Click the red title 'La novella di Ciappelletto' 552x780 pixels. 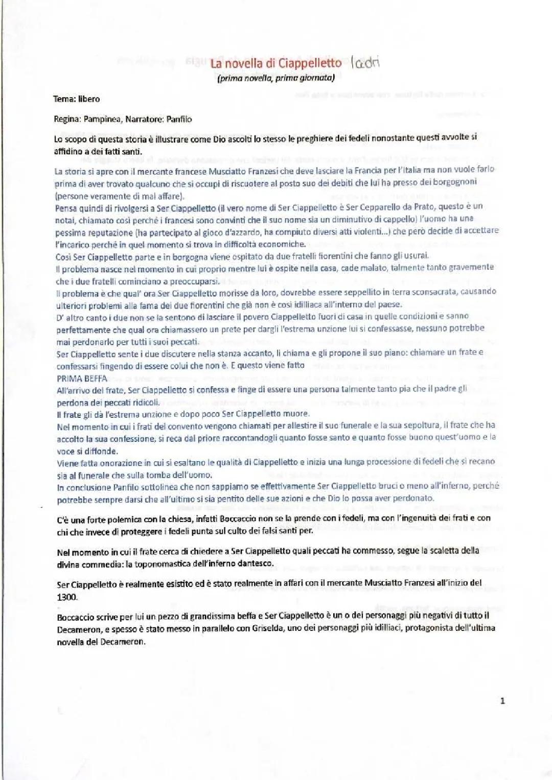tap(276, 63)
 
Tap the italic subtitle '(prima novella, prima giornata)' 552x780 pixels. tap(276, 78)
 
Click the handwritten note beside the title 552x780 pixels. tap(366, 63)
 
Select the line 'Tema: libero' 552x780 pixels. tap(77, 99)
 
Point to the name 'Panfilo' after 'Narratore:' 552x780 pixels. tap(179, 120)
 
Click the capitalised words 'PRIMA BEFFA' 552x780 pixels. tap(82, 379)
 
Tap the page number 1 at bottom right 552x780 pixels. tap(502, 701)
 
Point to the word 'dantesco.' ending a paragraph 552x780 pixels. tap(256, 563)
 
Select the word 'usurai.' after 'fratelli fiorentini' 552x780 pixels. tap(416, 255)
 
